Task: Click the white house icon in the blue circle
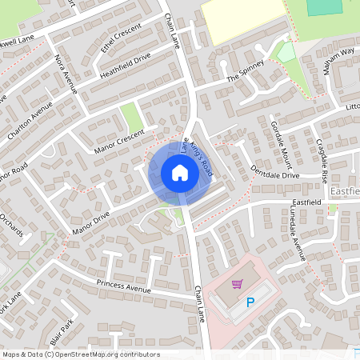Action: click(179, 172)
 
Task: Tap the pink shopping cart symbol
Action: click(237, 284)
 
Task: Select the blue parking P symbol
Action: click(250, 302)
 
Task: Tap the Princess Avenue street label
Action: click(124, 286)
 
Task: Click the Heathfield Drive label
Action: click(125, 66)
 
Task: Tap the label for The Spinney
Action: click(245, 72)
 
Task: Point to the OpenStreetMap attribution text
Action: click(81, 354)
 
